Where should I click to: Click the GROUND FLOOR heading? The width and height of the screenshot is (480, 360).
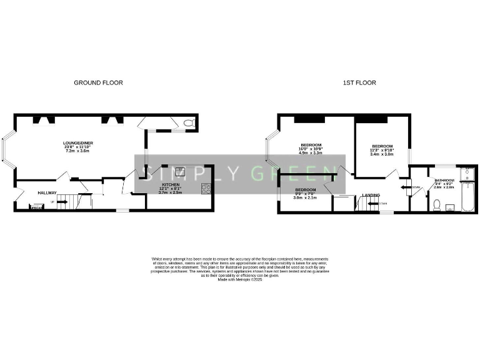click(98, 82)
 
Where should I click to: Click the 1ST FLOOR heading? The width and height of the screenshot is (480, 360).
click(359, 82)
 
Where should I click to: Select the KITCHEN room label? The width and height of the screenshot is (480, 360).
click(171, 185)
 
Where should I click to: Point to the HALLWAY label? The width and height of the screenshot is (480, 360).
click(47, 192)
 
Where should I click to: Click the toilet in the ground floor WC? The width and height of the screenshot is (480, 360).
click(190, 123)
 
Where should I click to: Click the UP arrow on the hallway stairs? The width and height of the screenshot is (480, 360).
click(61, 202)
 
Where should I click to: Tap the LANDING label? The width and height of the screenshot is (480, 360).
click(371, 195)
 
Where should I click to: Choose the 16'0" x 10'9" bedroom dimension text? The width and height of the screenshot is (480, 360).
click(311, 149)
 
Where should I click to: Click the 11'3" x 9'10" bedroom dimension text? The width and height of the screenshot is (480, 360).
click(382, 150)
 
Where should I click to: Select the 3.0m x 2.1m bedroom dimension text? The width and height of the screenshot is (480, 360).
click(306, 197)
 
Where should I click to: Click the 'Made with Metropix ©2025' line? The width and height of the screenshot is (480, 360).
click(240, 280)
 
